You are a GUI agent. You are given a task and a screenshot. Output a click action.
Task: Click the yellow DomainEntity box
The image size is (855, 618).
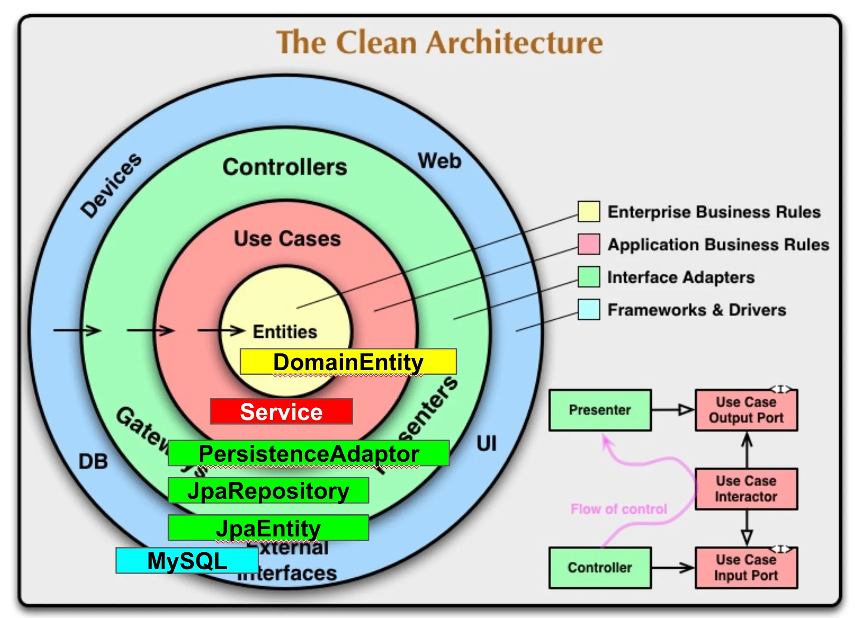tap(348, 362)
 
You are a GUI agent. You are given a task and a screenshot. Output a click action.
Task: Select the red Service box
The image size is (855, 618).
tap(281, 411)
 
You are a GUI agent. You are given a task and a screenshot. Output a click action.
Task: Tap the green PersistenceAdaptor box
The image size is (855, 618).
tap(308, 453)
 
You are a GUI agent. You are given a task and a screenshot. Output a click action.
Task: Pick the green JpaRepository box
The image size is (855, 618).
tap(268, 490)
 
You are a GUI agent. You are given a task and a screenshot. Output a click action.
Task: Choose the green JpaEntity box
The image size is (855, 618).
tap(268, 528)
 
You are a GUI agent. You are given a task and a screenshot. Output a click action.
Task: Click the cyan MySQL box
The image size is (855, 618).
tap(187, 561)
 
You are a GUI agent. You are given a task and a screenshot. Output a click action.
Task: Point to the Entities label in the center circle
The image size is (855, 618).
tap(285, 332)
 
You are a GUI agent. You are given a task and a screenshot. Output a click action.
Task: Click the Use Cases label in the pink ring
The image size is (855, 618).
tap(287, 239)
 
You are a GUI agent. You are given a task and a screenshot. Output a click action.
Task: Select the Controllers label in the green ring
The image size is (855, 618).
tap(284, 167)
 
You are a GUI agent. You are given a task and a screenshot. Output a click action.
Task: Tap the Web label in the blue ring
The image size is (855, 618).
tap(439, 161)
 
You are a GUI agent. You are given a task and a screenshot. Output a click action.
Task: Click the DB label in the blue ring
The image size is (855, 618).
tap(93, 462)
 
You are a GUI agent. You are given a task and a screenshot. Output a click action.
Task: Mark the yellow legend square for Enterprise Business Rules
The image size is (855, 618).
tap(589, 212)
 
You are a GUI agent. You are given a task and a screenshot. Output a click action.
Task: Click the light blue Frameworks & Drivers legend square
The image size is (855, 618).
tap(589, 310)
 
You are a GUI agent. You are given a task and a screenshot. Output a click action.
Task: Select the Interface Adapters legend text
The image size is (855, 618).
tap(681, 277)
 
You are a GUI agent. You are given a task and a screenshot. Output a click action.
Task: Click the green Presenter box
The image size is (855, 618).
tap(600, 410)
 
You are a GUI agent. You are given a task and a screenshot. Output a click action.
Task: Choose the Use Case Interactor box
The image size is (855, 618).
tap(746, 489)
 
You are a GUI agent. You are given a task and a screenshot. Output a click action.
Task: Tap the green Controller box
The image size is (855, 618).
tap(600, 568)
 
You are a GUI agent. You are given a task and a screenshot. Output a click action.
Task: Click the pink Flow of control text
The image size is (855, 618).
tap(619, 509)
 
